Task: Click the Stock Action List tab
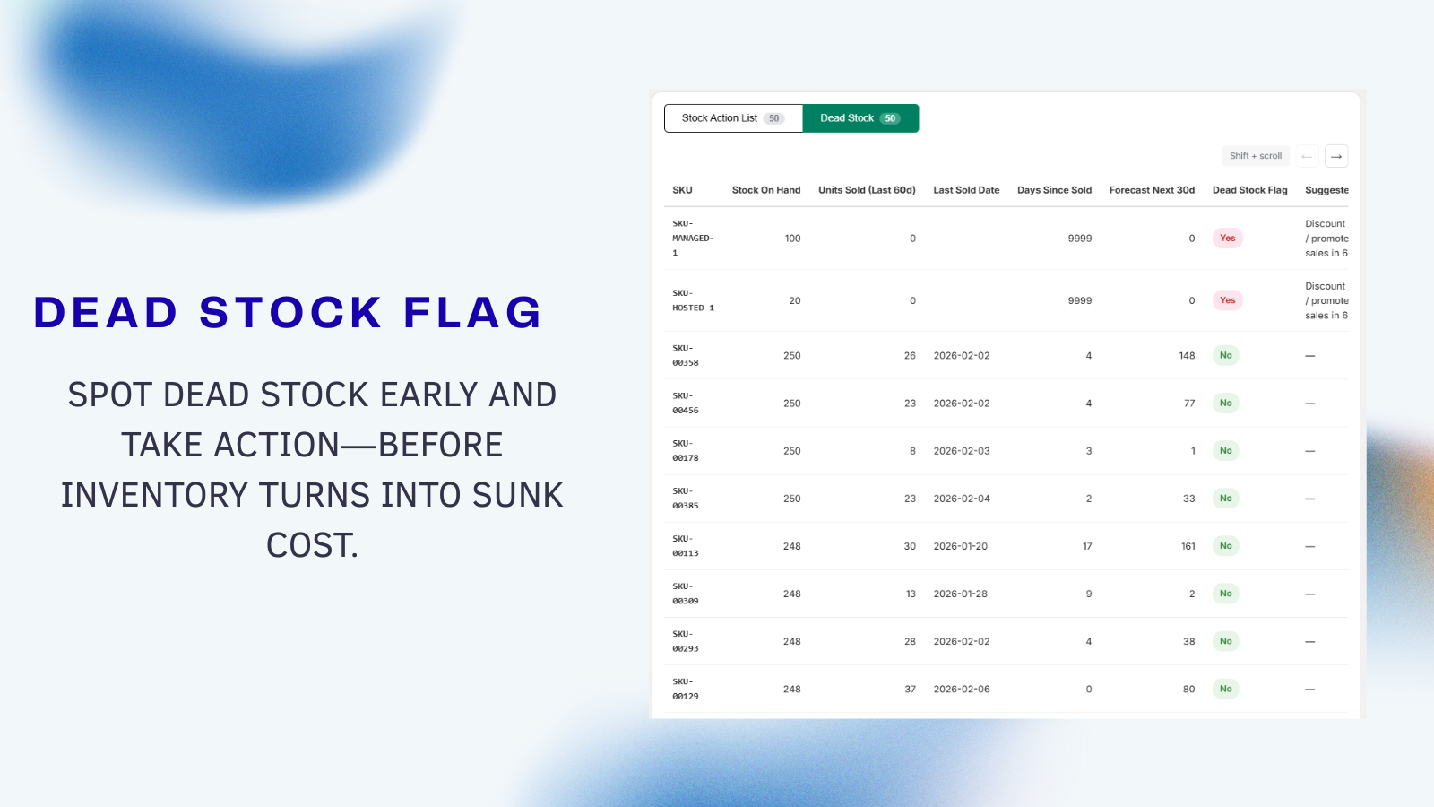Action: pyautogui.click(x=732, y=118)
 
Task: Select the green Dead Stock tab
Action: pyautogui.click(x=860, y=118)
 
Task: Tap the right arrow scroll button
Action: pyautogui.click(x=1336, y=156)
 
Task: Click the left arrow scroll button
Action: pyautogui.click(x=1307, y=156)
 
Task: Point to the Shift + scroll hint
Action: pyautogui.click(x=1256, y=156)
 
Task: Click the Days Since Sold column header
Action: pyautogui.click(x=1054, y=190)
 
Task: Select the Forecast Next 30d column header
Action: pyautogui.click(x=1152, y=190)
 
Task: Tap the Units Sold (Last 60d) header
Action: pyautogui.click(x=867, y=190)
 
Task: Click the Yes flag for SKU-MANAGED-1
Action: pyautogui.click(x=1227, y=239)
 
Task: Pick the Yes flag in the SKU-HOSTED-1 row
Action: pyautogui.click(x=1227, y=300)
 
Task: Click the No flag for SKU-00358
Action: pyautogui.click(x=1225, y=356)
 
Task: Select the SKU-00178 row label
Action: pyautogui.click(x=686, y=451)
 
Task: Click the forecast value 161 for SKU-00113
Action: pyautogui.click(x=1188, y=546)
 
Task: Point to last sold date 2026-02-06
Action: pyautogui.click(x=962, y=690)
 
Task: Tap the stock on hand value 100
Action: pyautogui.click(x=792, y=239)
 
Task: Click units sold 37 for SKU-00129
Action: pyautogui.click(x=910, y=690)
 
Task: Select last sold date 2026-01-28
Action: pyautogui.click(x=961, y=594)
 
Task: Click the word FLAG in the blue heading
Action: pyautogui.click(x=472, y=313)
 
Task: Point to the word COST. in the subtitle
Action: pyautogui.click(x=312, y=545)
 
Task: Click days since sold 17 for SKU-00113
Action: pyautogui.click(x=1087, y=546)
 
